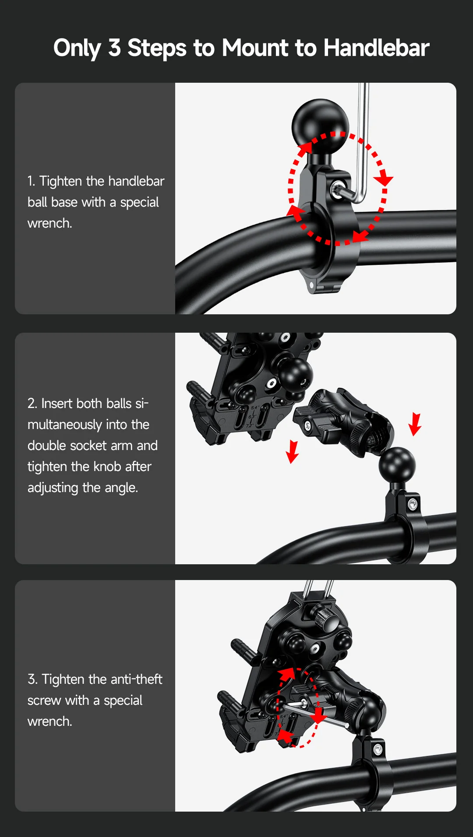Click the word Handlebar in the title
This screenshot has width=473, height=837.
pyautogui.click(x=376, y=48)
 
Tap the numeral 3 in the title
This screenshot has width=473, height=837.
pyautogui.click(x=115, y=48)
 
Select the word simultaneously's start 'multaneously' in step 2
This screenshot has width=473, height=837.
pyautogui.click(x=88, y=425)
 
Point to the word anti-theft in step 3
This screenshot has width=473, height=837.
pyautogui.click(x=137, y=679)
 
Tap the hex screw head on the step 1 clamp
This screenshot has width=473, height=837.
pyautogui.click(x=338, y=190)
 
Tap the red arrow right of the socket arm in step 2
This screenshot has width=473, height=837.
pyautogui.click(x=415, y=424)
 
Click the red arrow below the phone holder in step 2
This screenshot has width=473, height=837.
pyautogui.click(x=292, y=452)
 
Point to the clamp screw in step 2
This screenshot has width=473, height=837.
pyautogui.click(x=413, y=505)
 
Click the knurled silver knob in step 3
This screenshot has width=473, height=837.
pyautogui.click(x=324, y=617)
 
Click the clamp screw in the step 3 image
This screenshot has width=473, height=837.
pyautogui.click(x=378, y=749)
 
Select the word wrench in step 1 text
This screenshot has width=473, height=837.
pyautogui.click(x=49, y=223)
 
